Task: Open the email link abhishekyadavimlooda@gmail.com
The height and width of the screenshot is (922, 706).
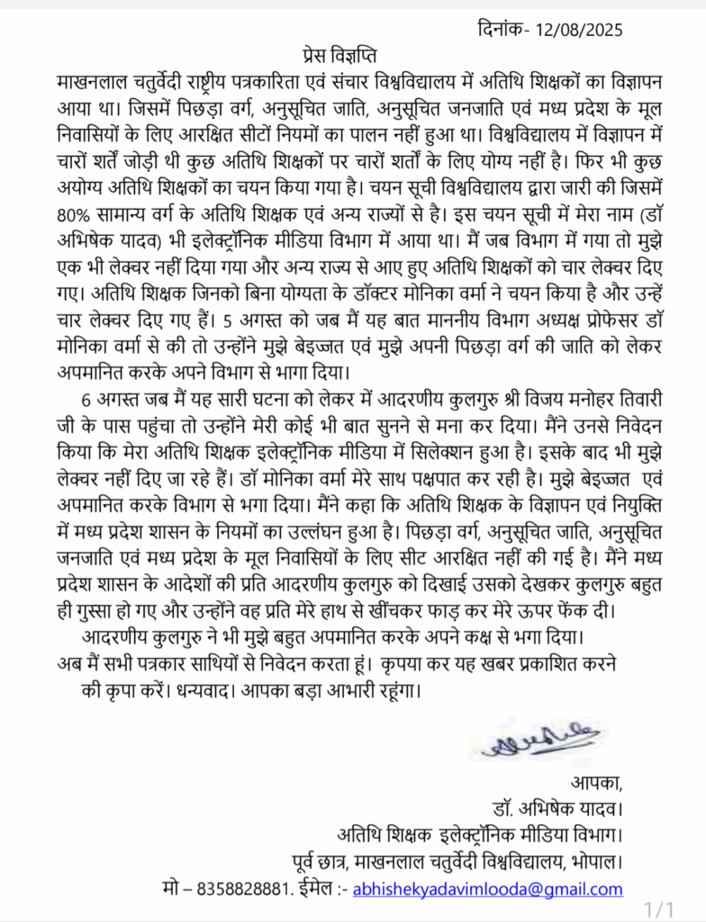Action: pyautogui.click(x=488, y=889)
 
